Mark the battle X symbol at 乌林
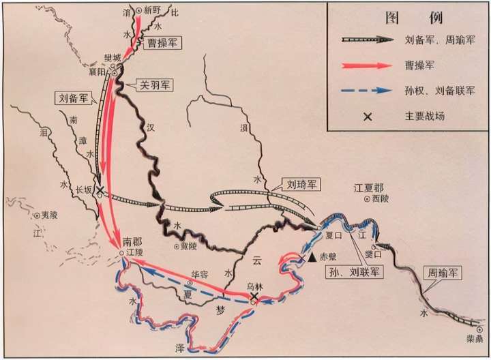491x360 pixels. (253, 299)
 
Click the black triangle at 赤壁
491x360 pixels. (312, 258)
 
